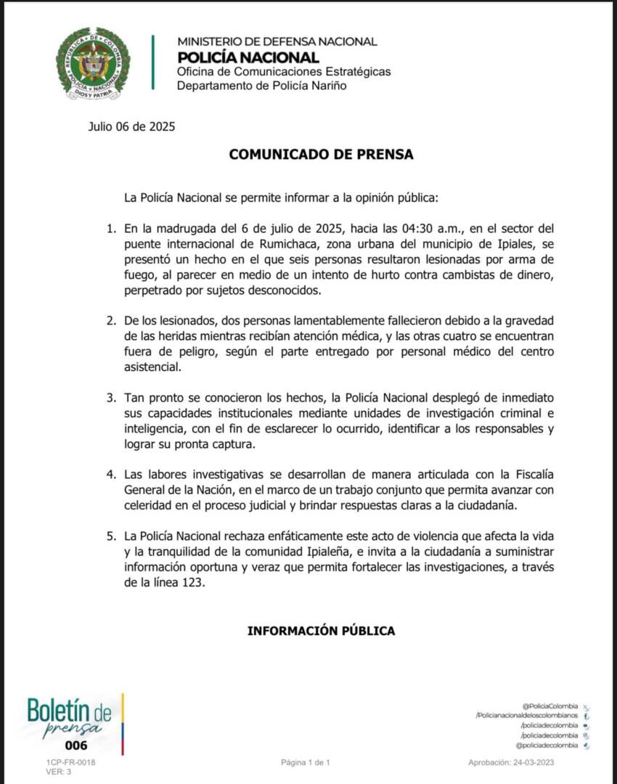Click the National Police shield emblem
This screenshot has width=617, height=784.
point(93,63)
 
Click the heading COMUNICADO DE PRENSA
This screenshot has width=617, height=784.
point(321,154)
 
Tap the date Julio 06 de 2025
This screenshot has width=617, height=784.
point(131,126)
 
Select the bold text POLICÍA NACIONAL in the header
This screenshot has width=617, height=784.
point(248,57)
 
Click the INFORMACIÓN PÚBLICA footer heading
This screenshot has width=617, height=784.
point(321,631)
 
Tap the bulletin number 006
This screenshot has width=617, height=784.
point(75,746)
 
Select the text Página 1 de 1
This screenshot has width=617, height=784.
point(306,762)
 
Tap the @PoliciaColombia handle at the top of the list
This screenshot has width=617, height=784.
point(549,706)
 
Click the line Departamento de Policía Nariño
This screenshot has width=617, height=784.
point(261,86)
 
